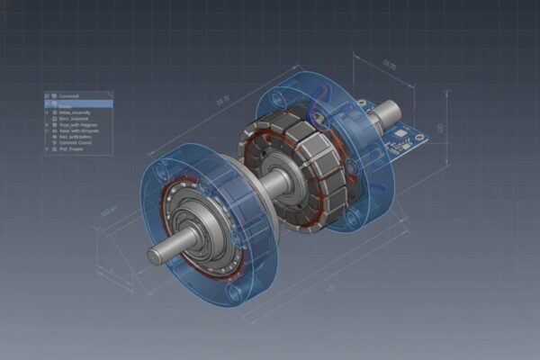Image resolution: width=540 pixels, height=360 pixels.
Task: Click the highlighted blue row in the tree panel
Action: point(79,103)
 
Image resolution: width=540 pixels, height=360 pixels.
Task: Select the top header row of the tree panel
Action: point(79,95)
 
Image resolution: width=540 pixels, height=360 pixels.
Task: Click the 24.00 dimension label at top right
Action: point(389,65)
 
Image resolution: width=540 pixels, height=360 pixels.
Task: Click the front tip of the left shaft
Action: point(155,256)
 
